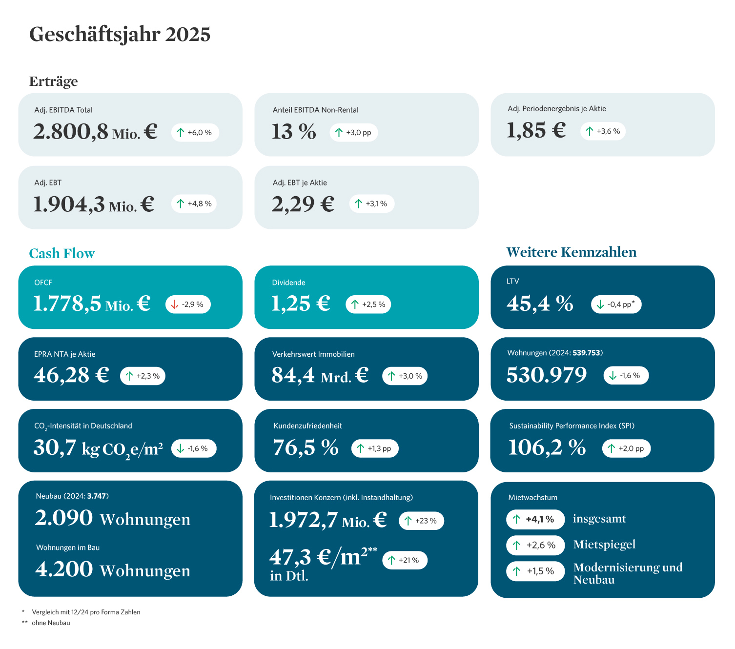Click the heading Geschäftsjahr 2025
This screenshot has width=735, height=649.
[x=120, y=35]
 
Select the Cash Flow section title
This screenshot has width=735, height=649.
[x=61, y=253]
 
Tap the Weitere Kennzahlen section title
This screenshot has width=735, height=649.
[x=571, y=252]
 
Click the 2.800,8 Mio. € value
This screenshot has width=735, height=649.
[x=95, y=132]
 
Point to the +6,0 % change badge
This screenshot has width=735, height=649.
[x=195, y=133]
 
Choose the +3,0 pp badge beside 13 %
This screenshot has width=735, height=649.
[x=353, y=133]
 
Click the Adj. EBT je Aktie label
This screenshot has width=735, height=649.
[x=300, y=183]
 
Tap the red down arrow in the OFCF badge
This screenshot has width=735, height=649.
[x=175, y=304]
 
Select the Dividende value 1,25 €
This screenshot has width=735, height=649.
[x=301, y=304]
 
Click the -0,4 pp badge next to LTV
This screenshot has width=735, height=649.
[x=616, y=304]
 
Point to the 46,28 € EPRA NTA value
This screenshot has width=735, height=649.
[x=71, y=375]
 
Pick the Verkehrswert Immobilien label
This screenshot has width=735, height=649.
[x=313, y=354]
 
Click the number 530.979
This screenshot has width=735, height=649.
[x=546, y=375]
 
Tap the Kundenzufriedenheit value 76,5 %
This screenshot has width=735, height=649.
[x=306, y=447]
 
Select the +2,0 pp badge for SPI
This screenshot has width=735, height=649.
[x=626, y=448]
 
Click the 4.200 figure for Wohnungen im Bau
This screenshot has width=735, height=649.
[x=64, y=569]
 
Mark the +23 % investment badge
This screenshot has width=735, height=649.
[x=421, y=521]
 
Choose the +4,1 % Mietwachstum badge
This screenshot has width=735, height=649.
[x=535, y=519]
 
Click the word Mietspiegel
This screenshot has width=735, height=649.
[x=604, y=545]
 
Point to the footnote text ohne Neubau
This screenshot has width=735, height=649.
[x=51, y=623]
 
